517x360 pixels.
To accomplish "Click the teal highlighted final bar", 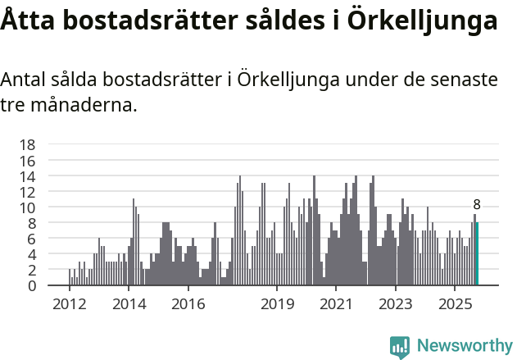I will pyautogui.click(x=477, y=254).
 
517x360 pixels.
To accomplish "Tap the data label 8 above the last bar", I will pyautogui.click(x=477, y=205).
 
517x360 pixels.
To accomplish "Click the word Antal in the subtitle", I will pyautogui.click(x=25, y=80).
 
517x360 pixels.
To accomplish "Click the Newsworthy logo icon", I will pyautogui.click(x=400, y=347).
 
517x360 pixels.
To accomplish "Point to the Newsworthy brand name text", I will pyautogui.click(x=464, y=346).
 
